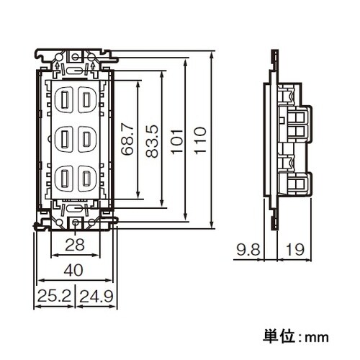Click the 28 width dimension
click(x=75, y=246)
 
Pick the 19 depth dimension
click(x=293, y=250)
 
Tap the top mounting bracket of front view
click(x=75, y=56)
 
